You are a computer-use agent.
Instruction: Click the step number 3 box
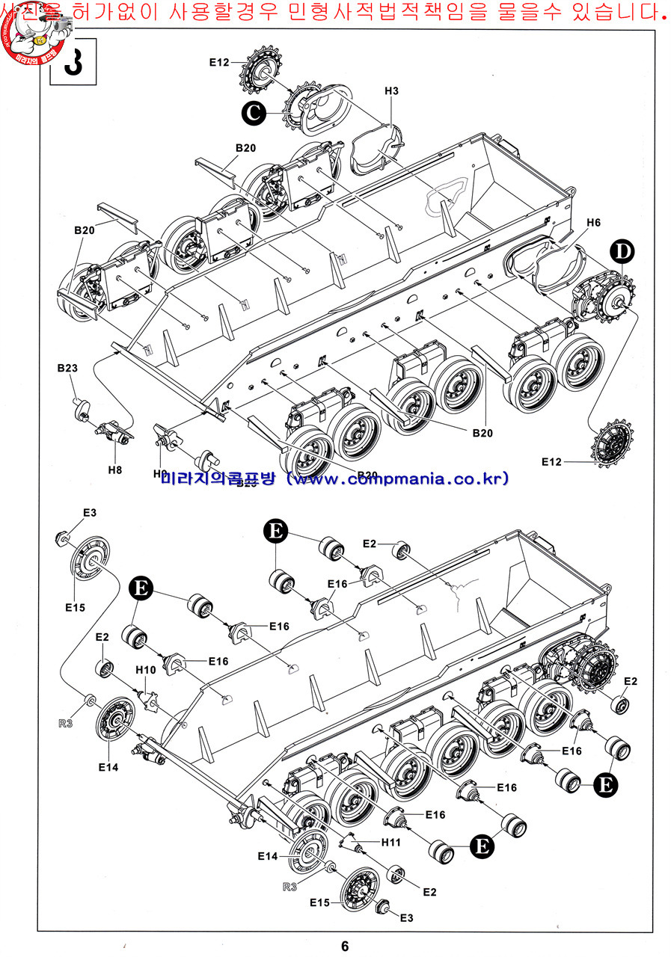[x=72, y=63]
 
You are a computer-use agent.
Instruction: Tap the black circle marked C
[x=254, y=113]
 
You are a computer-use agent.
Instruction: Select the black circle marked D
[x=622, y=253]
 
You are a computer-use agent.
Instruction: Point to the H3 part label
[x=391, y=91]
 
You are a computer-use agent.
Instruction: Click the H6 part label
[x=593, y=223]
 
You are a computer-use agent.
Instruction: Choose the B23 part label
[x=67, y=369]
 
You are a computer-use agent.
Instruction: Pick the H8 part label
[x=114, y=470]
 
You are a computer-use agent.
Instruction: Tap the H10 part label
[x=146, y=670]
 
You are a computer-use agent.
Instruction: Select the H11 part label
[x=391, y=843]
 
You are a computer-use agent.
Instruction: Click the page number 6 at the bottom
[x=345, y=946]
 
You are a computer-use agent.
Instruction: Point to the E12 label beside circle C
[x=218, y=63]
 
